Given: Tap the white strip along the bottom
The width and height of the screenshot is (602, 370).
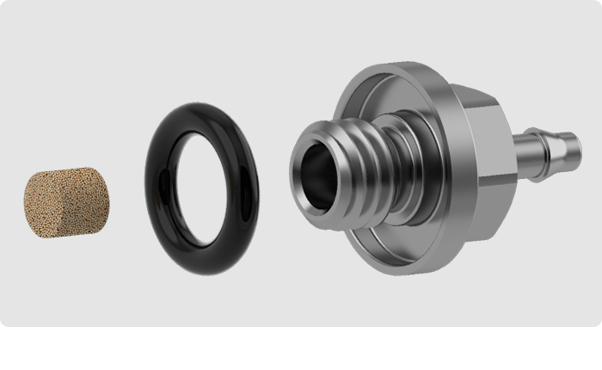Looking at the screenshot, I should coord(301,348).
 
